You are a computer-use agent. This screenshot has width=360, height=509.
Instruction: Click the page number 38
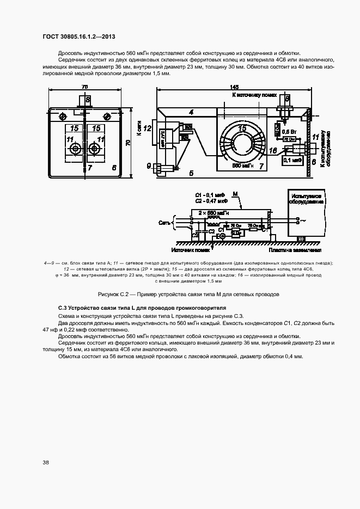pyautogui.click(x=46, y=462)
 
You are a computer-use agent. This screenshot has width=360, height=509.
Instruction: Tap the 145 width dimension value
pyautogui.click(x=234, y=87)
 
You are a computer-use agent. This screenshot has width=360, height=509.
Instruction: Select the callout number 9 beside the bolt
pyautogui.click(x=149, y=165)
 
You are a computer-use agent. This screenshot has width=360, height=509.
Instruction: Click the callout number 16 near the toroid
pyautogui.click(x=273, y=150)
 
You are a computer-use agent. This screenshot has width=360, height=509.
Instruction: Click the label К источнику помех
pyautogui.click(x=251, y=95)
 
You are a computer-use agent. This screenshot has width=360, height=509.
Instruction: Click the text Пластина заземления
pyautogui.click(x=290, y=250)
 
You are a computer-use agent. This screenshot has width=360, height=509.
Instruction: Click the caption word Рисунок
pyautogui.click(x=111, y=294)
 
